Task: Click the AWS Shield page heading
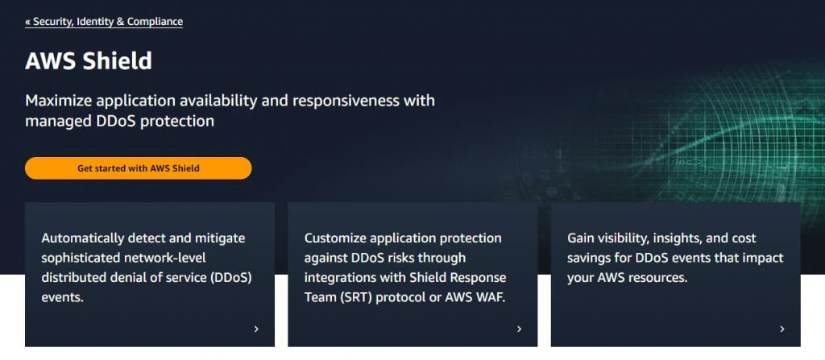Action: [89, 61]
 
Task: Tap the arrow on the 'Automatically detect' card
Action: [256, 329]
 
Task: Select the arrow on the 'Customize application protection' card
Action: [519, 329]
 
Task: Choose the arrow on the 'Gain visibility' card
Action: [781, 329]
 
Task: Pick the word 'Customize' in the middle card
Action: [334, 238]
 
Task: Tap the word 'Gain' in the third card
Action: [582, 238]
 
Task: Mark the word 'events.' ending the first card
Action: [63, 297]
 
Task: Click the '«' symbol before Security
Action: [28, 22]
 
